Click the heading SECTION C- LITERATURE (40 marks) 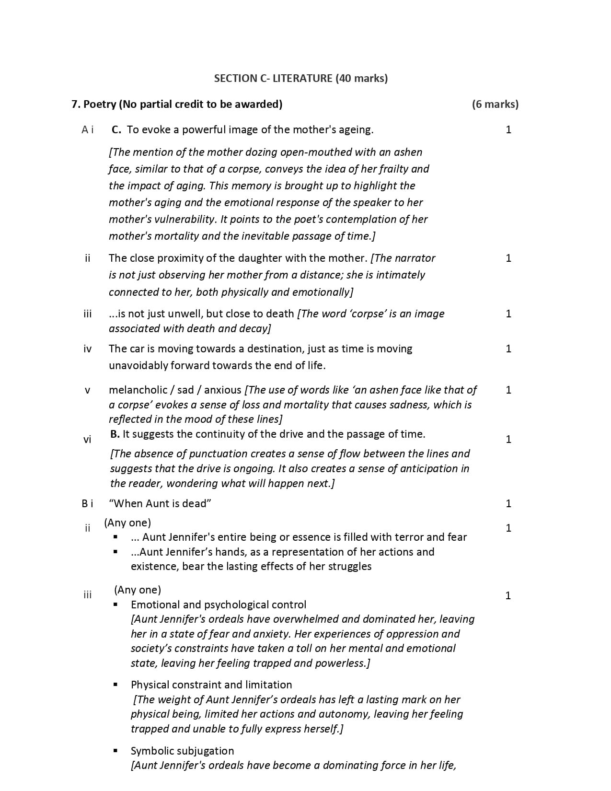[x=300, y=78]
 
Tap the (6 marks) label [x=495, y=104]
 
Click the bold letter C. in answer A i [x=116, y=129]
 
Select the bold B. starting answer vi [x=115, y=434]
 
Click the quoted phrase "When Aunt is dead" [x=160, y=503]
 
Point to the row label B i [x=87, y=503]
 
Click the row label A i [x=87, y=129]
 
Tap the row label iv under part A [x=87, y=349]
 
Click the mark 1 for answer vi [x=508, y=439]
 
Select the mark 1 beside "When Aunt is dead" [x=508, y=503]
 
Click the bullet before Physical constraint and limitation [x=115, y=685]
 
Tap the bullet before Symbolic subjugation [x=115, y=751]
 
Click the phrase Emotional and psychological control [x=219, y=605]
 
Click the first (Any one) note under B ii [x=127, y=523]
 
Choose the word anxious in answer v [x=223, y=390]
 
